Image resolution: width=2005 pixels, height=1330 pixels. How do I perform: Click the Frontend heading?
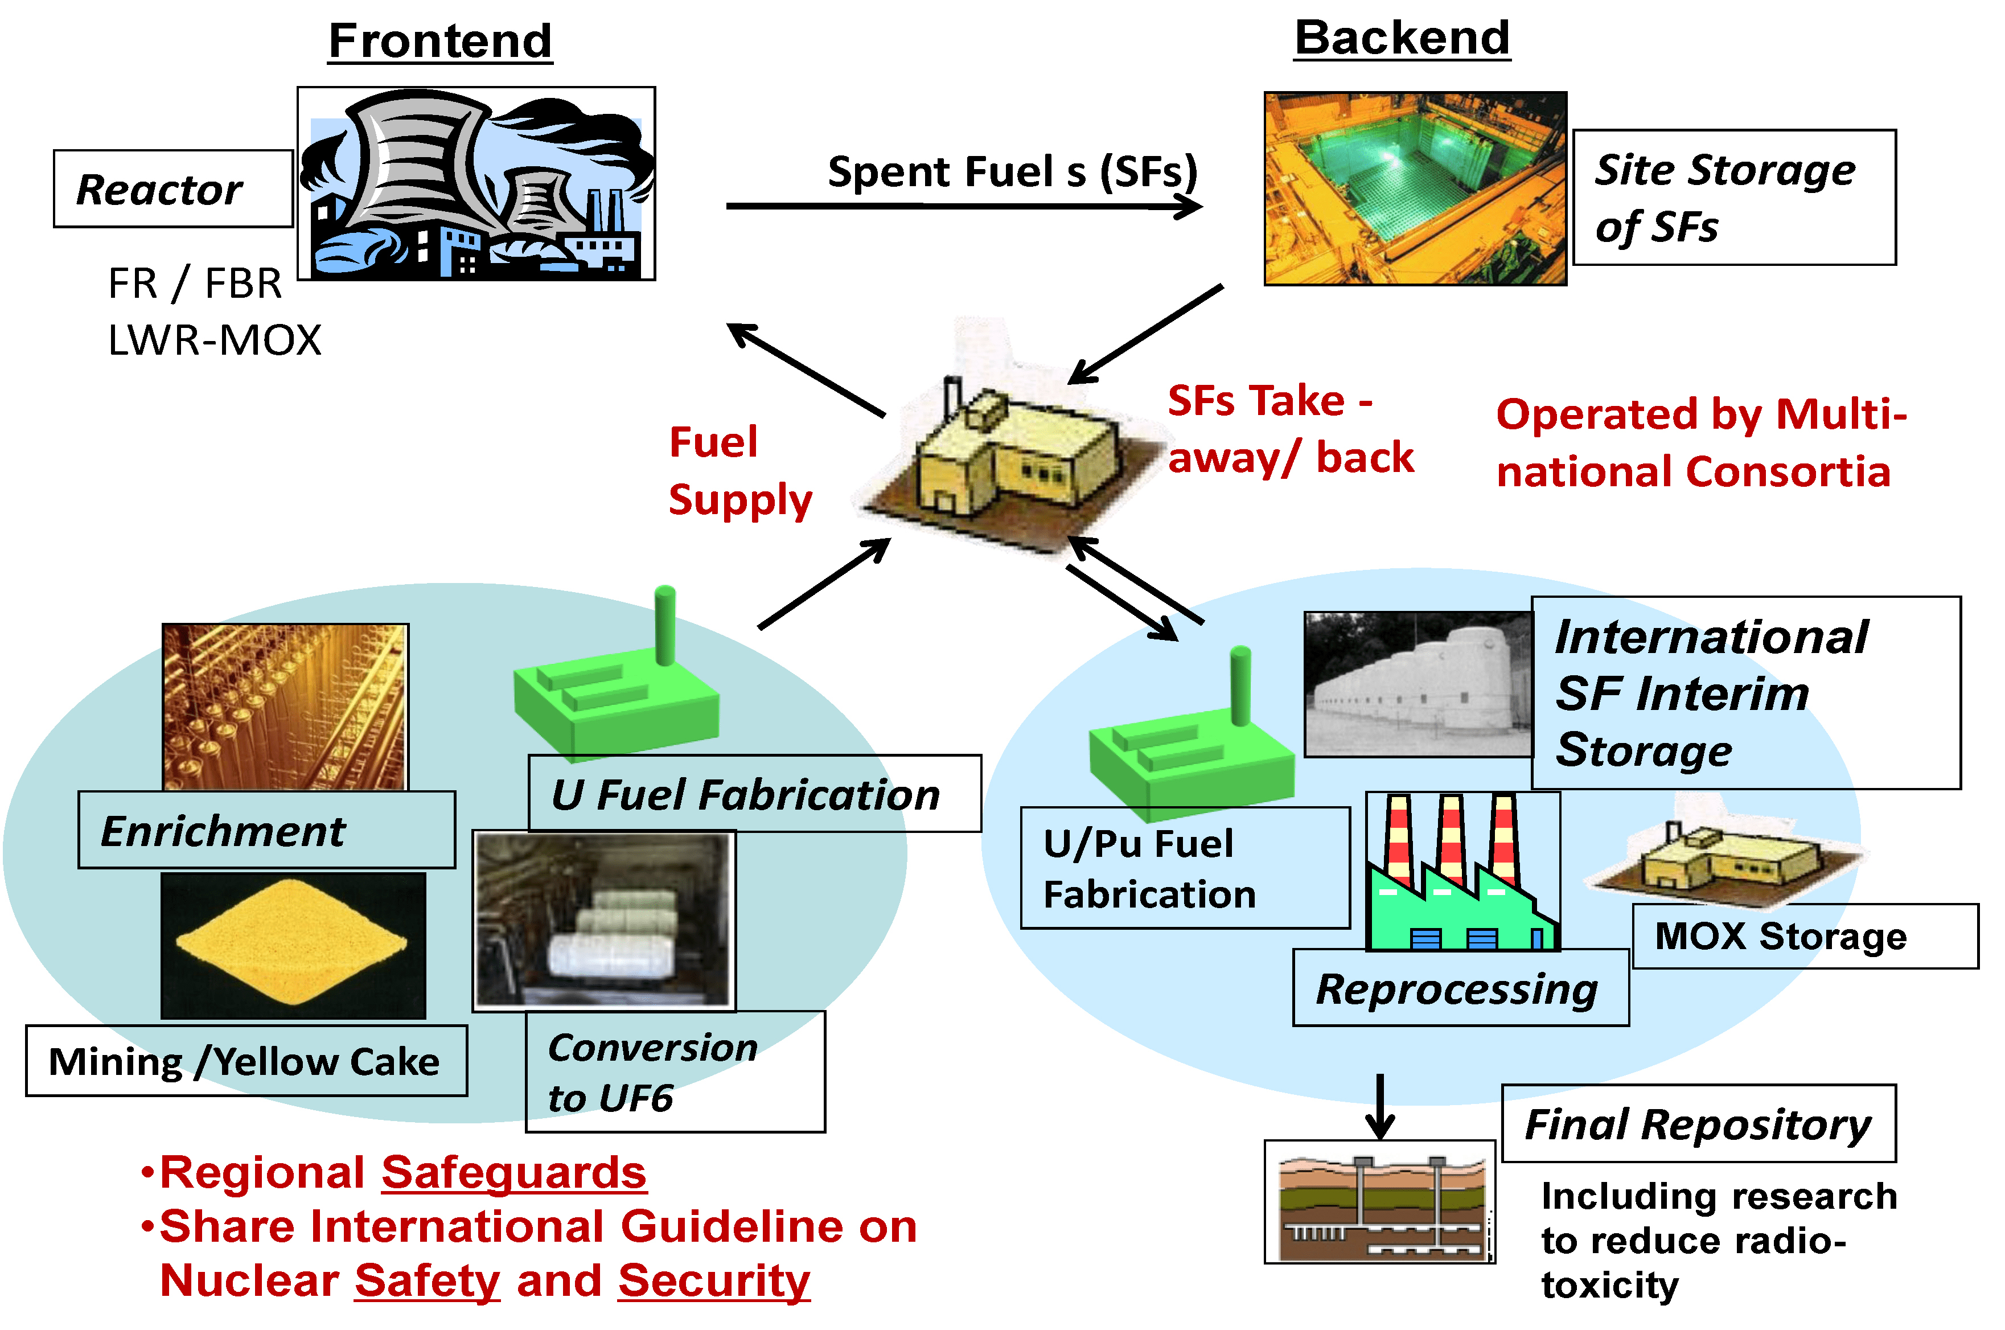(x=440, y=41)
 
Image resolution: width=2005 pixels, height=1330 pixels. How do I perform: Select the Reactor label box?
(x=173, y=188)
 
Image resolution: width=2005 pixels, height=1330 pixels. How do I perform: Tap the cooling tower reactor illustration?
(x=476, y=183)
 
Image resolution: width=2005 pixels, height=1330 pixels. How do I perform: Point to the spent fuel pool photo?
(x=1414, y=188)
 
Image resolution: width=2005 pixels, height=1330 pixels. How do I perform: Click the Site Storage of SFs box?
(x=1733, y=198)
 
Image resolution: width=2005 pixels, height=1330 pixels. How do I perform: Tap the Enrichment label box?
(x=266, y=830)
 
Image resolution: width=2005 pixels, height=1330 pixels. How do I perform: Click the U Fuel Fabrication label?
(x=754, y=794)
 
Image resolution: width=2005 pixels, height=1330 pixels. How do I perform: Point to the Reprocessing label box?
(x=1460, y=988)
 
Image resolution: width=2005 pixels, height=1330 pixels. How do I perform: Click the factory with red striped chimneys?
(x=1461, y=873)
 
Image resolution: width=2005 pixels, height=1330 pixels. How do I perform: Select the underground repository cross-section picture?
(x=1379, y=1202)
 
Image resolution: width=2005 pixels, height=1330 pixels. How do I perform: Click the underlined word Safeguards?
(x=513, y=1172)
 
